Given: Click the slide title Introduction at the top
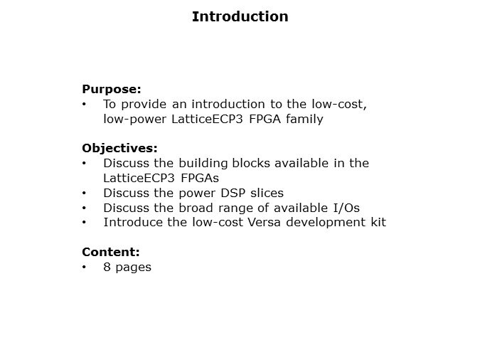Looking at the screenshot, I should (240, 16).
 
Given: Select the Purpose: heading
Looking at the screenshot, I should (112, 90).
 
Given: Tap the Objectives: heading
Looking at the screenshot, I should (119, 149).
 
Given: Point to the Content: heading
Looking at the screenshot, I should (111, 252).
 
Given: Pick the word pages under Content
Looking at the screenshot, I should (134, 268).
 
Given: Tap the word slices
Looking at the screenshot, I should (265, 193).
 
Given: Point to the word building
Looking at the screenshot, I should (196, 163).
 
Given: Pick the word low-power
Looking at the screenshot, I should (135, 119).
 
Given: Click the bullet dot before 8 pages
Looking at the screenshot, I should (85, 268).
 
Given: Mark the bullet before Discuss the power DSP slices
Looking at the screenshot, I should (85, 193).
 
